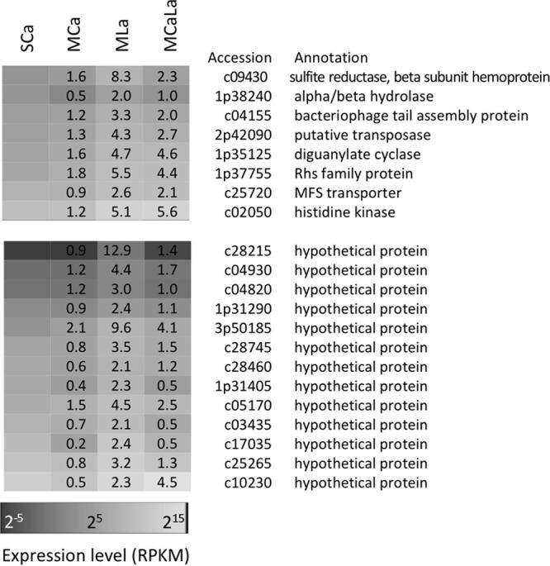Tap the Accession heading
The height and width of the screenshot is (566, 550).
[x=239, y=58]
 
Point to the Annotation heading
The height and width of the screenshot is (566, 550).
[x=332, y=58]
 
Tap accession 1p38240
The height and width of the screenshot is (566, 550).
[x=242, y=97]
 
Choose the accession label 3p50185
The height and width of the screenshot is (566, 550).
[x=242, y=325]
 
